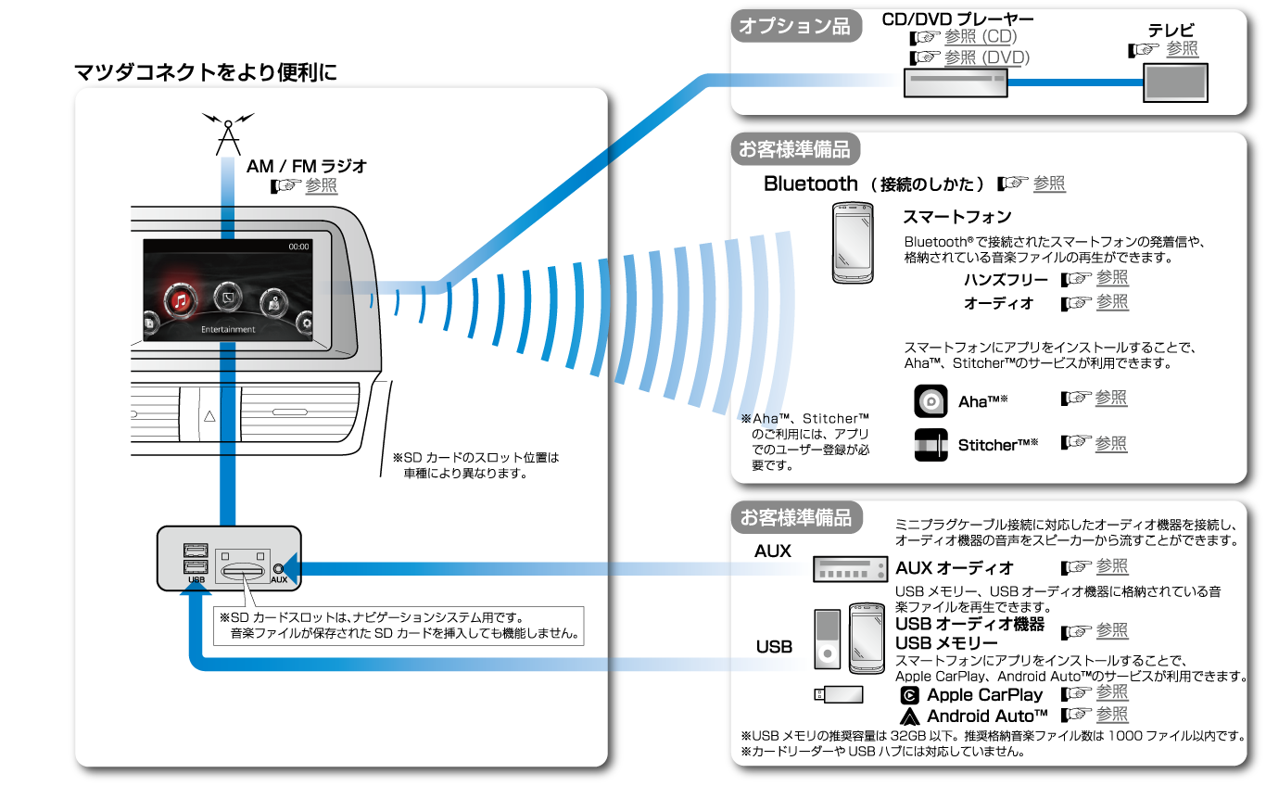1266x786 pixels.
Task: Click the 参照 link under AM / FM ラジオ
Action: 321,186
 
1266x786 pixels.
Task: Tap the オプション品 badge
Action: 794,27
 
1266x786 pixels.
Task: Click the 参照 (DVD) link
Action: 986,57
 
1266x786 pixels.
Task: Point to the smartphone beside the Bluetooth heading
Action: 858,242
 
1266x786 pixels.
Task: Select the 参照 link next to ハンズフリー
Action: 1112,278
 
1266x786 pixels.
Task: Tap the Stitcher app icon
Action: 931,446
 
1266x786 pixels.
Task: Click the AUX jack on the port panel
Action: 278,568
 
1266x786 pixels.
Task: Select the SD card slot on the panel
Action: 242,566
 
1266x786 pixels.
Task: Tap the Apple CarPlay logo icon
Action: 910,695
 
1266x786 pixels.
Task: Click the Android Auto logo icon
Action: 910,716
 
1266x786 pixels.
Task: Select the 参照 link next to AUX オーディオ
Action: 1112,566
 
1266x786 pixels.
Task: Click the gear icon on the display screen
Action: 307,323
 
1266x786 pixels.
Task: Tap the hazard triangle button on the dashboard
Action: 209,416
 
